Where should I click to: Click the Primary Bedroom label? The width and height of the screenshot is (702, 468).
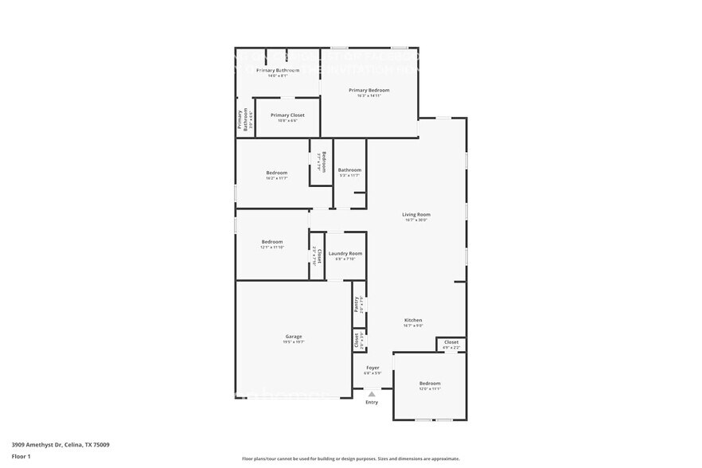[x=369, y=90]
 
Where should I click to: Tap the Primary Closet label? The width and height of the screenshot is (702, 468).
[x=287, y=115]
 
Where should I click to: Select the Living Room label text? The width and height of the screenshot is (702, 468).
[x=415, y=214]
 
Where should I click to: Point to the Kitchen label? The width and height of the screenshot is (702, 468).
[x=413, y=320]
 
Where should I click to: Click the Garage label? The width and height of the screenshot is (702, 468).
[x=294, y=337]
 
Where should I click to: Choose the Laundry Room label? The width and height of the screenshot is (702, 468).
[x=345, y=253]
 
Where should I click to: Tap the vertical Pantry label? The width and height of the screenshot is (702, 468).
[x=357, y=304]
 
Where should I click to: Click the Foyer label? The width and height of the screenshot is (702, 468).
[x=372, y=368]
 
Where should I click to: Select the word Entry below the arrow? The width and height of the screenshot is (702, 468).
[x=372, y=402]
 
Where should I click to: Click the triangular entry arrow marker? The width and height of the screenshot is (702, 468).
[x=372, y=394]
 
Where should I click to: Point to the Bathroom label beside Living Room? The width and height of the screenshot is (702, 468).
[x=349, y=170]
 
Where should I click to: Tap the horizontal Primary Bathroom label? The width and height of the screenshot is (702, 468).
[x=278, y=71]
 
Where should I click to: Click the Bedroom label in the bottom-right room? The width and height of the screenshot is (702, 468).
[x=430, y=384]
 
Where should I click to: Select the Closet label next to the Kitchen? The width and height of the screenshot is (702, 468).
[x=451, y=342]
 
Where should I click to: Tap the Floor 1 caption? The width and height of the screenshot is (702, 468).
[x=21, y=456]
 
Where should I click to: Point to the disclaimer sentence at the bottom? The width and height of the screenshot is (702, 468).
[x=350, y=459]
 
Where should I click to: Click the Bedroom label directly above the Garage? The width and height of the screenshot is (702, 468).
[x=272, y=242]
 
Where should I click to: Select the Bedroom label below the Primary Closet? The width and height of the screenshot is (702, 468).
[x=276, y=173]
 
